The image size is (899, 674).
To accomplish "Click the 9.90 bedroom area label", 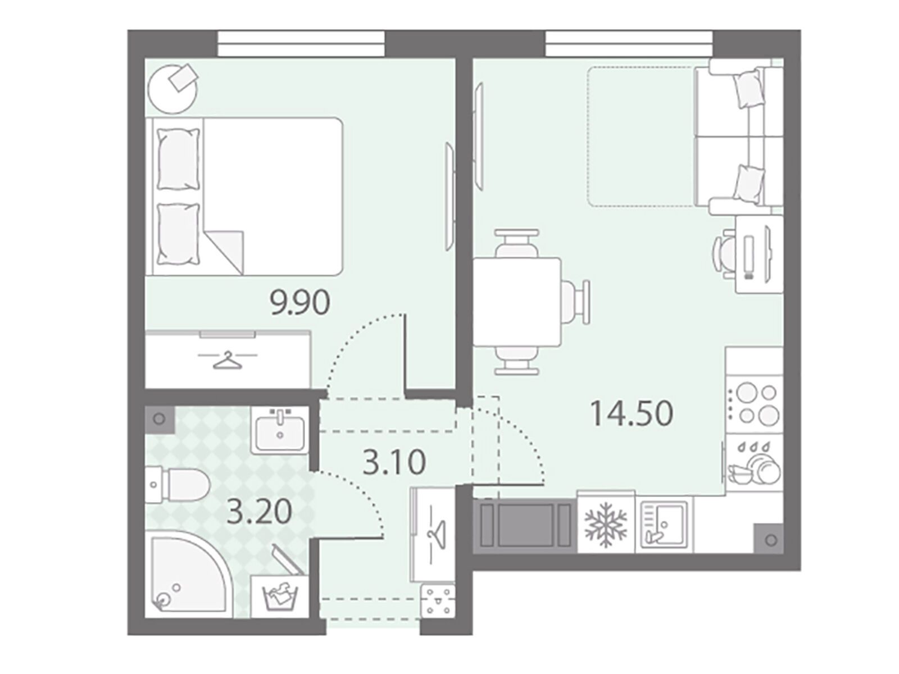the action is [x=299, y=303].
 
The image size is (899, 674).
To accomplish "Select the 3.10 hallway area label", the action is [x=394, y=462].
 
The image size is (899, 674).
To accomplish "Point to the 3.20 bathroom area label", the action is [x=259, y=511].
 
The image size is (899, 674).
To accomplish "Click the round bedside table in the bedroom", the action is [x=172, y=88].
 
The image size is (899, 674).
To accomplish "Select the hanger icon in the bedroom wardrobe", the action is [x=228, y=359].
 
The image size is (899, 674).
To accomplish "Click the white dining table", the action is [x=517, y=302].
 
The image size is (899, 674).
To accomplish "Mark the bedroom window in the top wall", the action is [x=301, y=44].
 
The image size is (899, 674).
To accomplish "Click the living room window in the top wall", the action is [x=629, y=44].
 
